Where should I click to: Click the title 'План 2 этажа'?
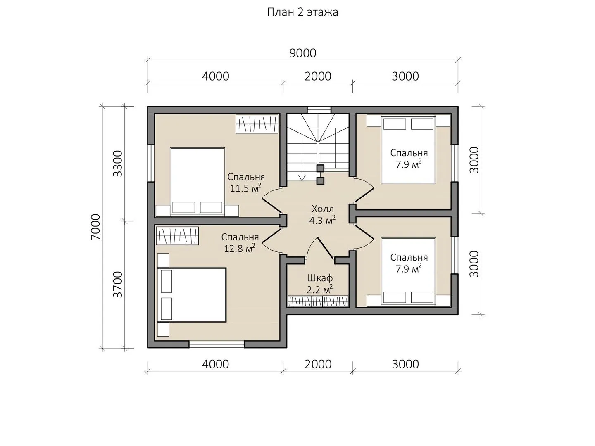(x=302, y=12)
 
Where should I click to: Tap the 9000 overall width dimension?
(x=303, y=53)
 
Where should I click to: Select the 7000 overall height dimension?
(x=96, y=227)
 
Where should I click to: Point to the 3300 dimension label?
(x=118, y=164)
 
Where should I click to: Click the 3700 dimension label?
(x=118, y=285)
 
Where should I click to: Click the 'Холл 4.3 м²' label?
(x=323, y=215)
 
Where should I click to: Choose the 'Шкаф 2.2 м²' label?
(x=320, y=284)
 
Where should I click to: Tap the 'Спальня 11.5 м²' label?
(x=246, y=182)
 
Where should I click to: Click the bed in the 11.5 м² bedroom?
(x=198, y=182)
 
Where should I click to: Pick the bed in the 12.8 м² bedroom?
(x=192, y=295)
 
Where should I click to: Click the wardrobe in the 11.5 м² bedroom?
(x=257, y=124)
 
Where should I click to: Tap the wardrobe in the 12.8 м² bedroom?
(x=177, y=236)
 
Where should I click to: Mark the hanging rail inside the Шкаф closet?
(x=318, y=301)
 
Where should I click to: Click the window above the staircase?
(x=319, y=110)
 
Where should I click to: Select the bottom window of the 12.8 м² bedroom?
(x=217, y=344)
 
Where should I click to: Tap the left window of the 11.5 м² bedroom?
(x=151, y=163)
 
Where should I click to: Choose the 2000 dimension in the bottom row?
(x=318, y=364)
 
